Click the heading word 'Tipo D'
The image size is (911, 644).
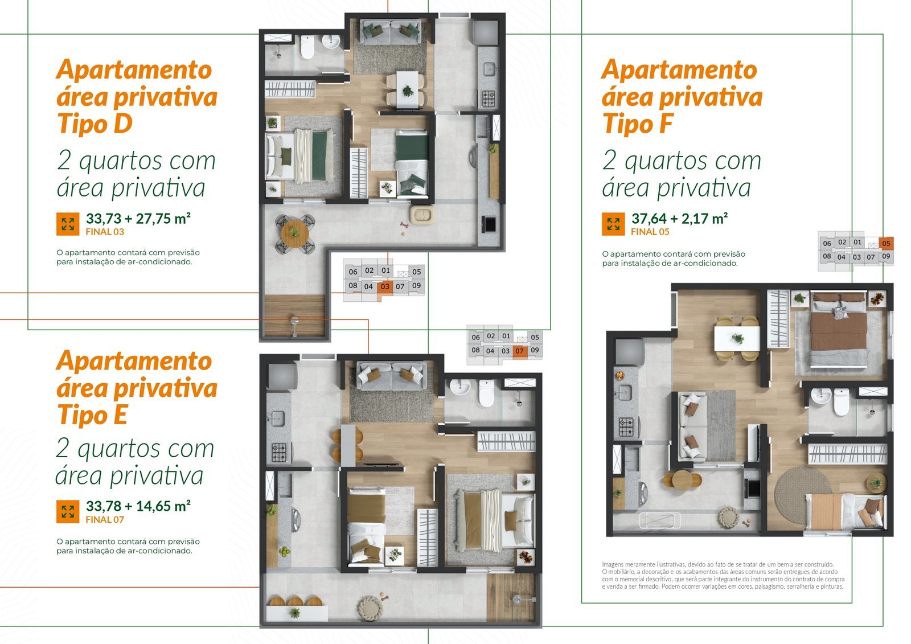(95, 123)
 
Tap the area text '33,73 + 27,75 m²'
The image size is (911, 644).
(138, 219)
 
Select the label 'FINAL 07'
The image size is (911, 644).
(105, 519)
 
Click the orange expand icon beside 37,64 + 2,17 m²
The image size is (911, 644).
(613, 224)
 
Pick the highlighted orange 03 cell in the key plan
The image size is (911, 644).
(385, 286)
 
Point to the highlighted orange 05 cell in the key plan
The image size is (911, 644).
(886, 243)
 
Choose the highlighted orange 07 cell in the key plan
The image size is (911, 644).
(519, 351)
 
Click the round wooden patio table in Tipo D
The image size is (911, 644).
(294, 233)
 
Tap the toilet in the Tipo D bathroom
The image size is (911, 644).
(307, 47)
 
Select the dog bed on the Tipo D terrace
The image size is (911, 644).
(422, 215)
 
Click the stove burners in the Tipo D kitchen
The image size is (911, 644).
(489, 99)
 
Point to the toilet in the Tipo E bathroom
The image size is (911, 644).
(486, 393)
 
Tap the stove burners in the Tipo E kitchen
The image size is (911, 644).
(279, 452)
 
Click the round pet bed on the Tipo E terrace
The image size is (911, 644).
(370, 608)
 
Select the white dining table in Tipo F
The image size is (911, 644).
(737, 338)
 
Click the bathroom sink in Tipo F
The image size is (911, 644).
(821, 396)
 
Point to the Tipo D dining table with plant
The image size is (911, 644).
(407, 90)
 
